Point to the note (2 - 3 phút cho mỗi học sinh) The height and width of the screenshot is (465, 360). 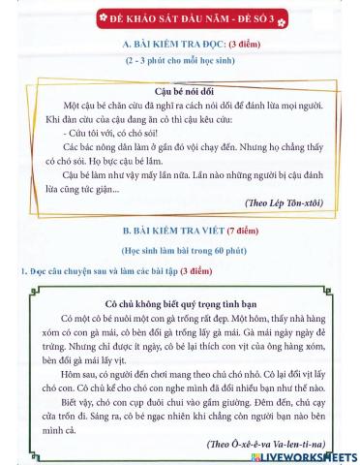pyautogui.click(x=180, y=61)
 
